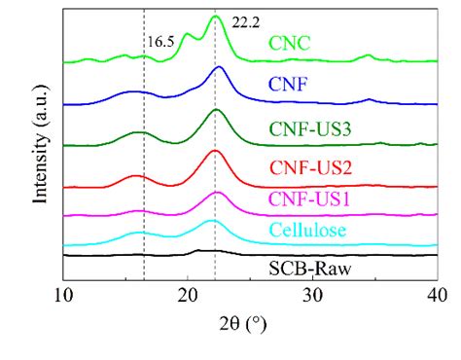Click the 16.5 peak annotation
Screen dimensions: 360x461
point(160,42)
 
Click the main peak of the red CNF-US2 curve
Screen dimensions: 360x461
point(215,151)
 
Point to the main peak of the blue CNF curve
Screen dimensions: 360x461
point(219,67)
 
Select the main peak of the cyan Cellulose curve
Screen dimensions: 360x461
point(212,221)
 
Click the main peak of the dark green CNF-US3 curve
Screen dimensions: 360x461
point(216,110)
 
